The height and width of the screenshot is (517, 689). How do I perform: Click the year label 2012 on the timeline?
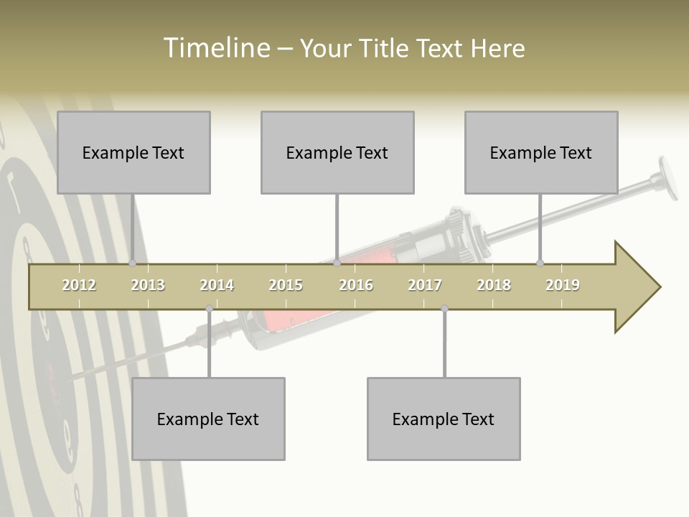tap(79, 285)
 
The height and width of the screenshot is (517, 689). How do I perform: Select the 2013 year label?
tap(148, 285)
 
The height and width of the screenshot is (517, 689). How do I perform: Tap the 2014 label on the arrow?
tap(217, 285)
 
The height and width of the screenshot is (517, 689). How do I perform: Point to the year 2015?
tap(286, 285)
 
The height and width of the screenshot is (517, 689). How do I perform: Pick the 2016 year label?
tap(356, 285)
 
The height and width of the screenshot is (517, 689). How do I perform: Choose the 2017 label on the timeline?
tap(425, 285)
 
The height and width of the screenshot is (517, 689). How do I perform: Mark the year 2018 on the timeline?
tap(494, 285)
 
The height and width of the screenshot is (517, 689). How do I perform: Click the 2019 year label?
tap(563, 285)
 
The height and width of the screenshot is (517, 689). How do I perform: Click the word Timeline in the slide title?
tap(215, 48)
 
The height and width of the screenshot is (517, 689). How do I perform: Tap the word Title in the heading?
tap(386, 48)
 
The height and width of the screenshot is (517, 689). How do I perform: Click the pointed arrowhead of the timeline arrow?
tap(642, 287)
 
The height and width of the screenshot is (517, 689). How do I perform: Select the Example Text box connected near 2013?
tap(133, 152)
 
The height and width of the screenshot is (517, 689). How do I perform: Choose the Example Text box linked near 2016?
tap(337, 152)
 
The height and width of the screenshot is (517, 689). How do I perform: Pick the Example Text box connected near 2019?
tap(541, 152)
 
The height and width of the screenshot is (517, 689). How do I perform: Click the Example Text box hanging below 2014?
tap(208, 419)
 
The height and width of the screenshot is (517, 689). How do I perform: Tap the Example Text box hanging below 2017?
tap(444, 419)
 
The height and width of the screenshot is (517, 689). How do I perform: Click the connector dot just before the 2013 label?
tap(132, 264)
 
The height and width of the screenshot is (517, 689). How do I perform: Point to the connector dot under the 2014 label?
tap(209, 309)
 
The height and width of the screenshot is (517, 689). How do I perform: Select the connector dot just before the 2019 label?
tap(540, 264)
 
